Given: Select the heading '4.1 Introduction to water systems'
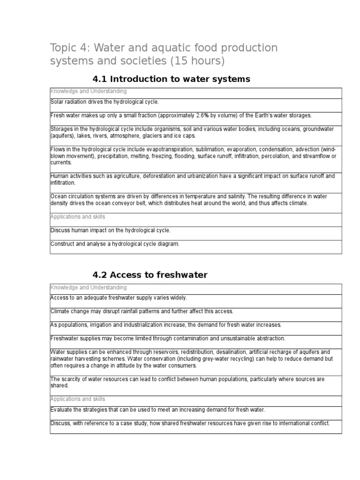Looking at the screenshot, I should click(171, 79).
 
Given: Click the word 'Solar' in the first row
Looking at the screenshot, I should click(57, 102).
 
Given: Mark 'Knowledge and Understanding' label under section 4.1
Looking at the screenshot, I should click(88, 91).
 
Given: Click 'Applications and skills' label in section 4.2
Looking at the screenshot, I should click(77, 399).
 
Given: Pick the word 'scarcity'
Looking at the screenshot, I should click(71, 379).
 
